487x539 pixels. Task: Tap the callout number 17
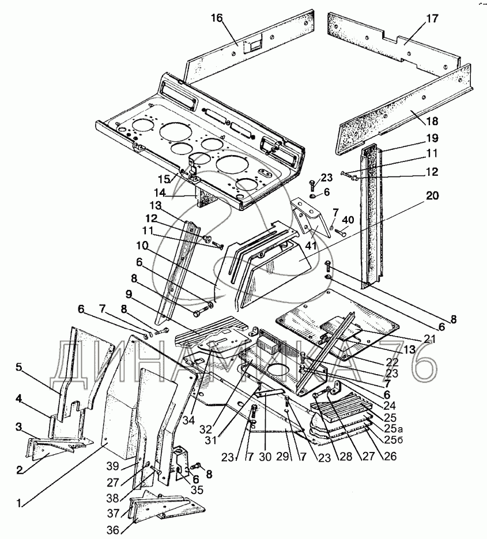[x=432, y=18]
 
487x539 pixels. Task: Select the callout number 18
[x=432, y=121]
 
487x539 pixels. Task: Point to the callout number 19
[x=432, y=138]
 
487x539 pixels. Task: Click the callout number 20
[x=432, y=195]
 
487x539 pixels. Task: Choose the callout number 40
[x=348, y=220]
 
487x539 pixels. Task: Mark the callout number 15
[x=164, y=179]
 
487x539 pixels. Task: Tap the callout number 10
[x=142, y=246]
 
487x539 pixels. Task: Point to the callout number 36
[x=112, y=530]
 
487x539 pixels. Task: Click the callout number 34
[x=188, y=420]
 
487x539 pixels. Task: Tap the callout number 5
[x=18, y=367]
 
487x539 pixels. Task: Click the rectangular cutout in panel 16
[x=252, y=47]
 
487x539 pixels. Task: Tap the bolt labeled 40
[x=339, y=232]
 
